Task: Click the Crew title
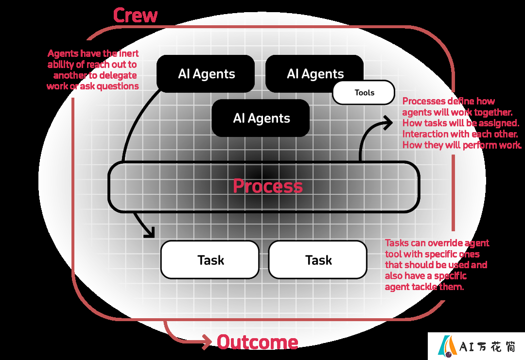point(135,16)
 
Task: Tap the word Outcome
point(258,343)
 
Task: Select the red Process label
point(268,186)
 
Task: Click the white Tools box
point(364,92)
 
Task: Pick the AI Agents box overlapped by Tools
point(315,74)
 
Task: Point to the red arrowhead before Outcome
point(207,342)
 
